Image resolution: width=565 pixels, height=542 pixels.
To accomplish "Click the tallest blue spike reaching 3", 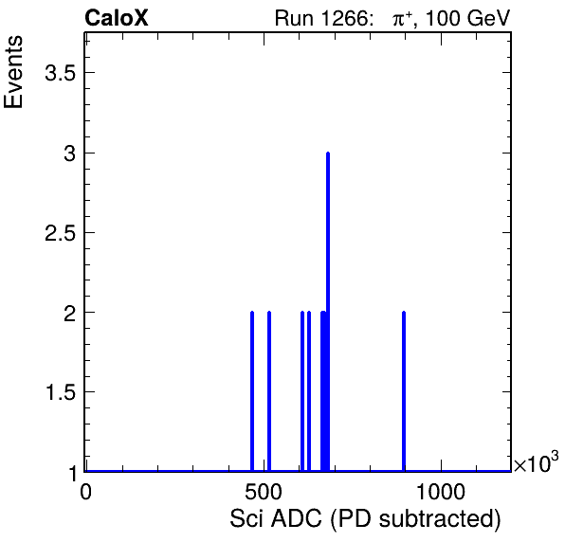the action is (x=328, y=312).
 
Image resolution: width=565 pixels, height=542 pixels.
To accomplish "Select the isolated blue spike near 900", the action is (x=404, y=391).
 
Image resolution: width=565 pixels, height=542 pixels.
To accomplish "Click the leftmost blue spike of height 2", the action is (x=252, y=391).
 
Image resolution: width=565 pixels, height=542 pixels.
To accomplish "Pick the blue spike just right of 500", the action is (x=269, y=391).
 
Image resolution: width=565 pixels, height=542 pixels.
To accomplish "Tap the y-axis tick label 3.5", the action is (x=60, y=73).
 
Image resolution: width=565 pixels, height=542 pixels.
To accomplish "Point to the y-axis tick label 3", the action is (x=70, y=154).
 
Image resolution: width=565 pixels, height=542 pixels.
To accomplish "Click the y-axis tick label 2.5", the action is (x=60, y=233).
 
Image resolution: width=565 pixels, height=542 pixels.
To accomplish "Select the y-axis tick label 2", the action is (x=70, y=313).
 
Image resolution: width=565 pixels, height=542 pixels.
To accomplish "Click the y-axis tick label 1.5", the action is (x=60, y=392).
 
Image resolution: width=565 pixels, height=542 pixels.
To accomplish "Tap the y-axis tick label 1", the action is (x=73, y=473).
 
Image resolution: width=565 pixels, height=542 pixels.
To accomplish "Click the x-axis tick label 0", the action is (x=85, y=492).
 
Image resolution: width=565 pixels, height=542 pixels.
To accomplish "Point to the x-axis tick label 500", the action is (x=264, y=492).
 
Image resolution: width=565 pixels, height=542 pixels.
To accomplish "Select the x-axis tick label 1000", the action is (x=441, y=492).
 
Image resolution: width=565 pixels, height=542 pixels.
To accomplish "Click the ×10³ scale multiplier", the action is (x=537, y=461).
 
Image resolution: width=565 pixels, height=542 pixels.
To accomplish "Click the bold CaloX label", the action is (x=117, y=18).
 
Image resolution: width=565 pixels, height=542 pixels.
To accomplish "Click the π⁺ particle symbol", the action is (x=402, y=18).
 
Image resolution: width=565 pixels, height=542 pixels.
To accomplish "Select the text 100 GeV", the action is (x=468, y=18).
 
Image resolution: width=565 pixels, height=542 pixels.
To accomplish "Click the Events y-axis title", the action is (x=13, y=71).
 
